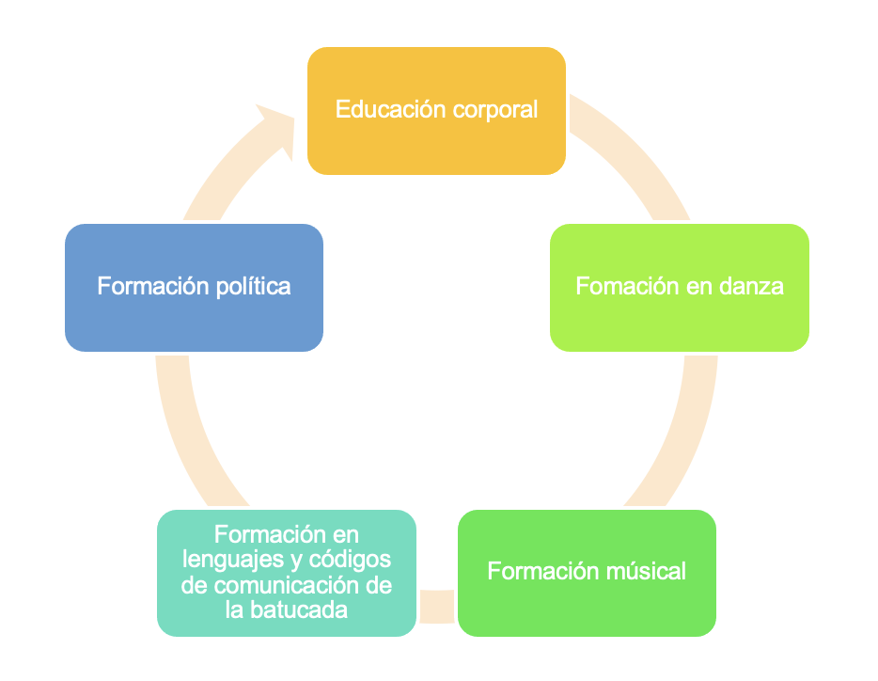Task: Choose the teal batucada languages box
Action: click(x=286, y=572)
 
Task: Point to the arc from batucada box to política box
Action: click(x=188, y=433)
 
